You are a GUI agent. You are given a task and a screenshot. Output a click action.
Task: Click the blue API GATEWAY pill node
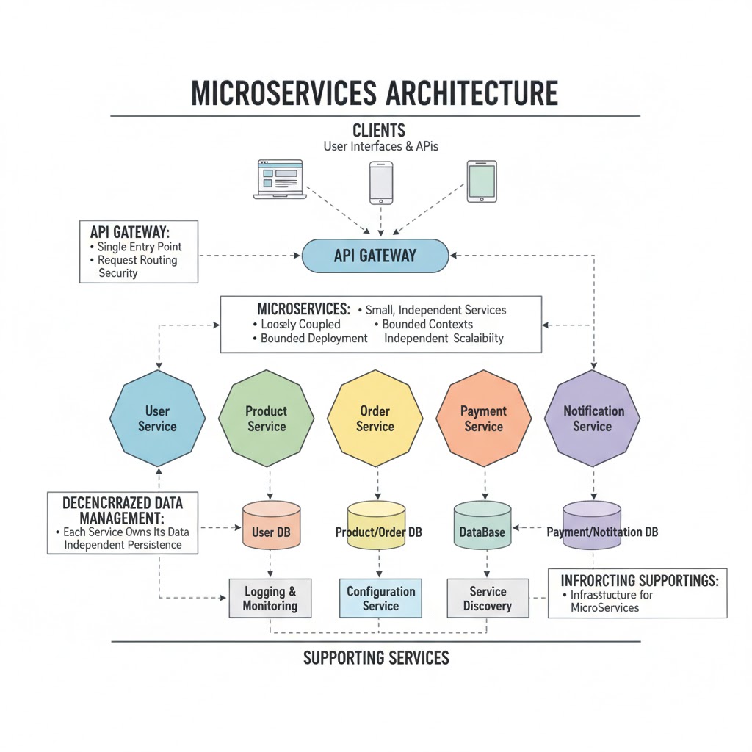pos(375,256)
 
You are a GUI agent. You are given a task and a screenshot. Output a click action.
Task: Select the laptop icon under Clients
pos(278,179)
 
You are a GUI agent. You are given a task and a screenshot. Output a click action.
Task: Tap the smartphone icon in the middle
pos(381,183)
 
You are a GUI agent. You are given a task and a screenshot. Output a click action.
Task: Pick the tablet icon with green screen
pos(482,181)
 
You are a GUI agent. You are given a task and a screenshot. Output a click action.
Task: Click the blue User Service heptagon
pos(158,419)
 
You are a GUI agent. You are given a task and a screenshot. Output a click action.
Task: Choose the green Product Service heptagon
pos(266,419)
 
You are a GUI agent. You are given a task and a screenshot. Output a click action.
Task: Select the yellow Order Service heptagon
pos(375,419)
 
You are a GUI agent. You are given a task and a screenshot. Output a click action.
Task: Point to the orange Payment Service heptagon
pos(483,419)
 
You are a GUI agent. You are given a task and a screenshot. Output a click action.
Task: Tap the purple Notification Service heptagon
pos(592,419)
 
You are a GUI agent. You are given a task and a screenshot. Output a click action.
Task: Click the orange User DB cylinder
pos(270,525)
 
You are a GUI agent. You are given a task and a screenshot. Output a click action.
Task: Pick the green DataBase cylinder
pos(482,526)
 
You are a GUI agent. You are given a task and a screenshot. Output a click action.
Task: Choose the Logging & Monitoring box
pos(270,599)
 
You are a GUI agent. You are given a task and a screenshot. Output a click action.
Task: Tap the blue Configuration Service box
pos(380,599)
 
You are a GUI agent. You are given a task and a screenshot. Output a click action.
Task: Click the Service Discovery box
pos(488,599)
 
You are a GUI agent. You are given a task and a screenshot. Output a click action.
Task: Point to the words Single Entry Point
pos(139,247)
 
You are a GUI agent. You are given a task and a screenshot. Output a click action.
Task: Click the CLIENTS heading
pos(379,131)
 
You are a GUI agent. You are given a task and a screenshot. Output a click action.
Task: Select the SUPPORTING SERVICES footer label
pos(376,657)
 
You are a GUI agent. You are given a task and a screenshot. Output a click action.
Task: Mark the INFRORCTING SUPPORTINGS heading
pos(639,580)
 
